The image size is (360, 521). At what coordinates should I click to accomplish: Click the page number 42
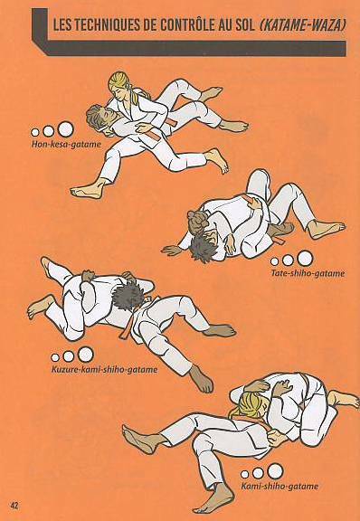(x=14, y=506)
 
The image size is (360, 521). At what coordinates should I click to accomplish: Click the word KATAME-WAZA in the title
(x=301, y=26)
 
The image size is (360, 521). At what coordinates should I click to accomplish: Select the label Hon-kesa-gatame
(x=66, y=145)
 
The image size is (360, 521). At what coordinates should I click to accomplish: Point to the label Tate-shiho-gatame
(x=308, y=274)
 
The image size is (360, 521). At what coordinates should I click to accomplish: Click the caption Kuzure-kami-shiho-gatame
(x=104, y=369)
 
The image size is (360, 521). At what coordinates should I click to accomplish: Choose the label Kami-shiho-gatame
(x=279, y=487)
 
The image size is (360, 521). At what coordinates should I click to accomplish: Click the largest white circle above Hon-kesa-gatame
(x=65, y=129)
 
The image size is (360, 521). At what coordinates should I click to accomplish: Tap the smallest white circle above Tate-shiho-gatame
(x=274, y=261)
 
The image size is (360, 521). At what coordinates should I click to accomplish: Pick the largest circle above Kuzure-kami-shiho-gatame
(x=85, y=355)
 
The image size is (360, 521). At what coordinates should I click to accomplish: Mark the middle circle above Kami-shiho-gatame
(x=258, y=473)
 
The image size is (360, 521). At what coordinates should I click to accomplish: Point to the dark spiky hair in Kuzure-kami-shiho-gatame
(x=127, y=296)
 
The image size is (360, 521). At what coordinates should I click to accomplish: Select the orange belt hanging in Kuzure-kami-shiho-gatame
(x=127, y=329)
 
